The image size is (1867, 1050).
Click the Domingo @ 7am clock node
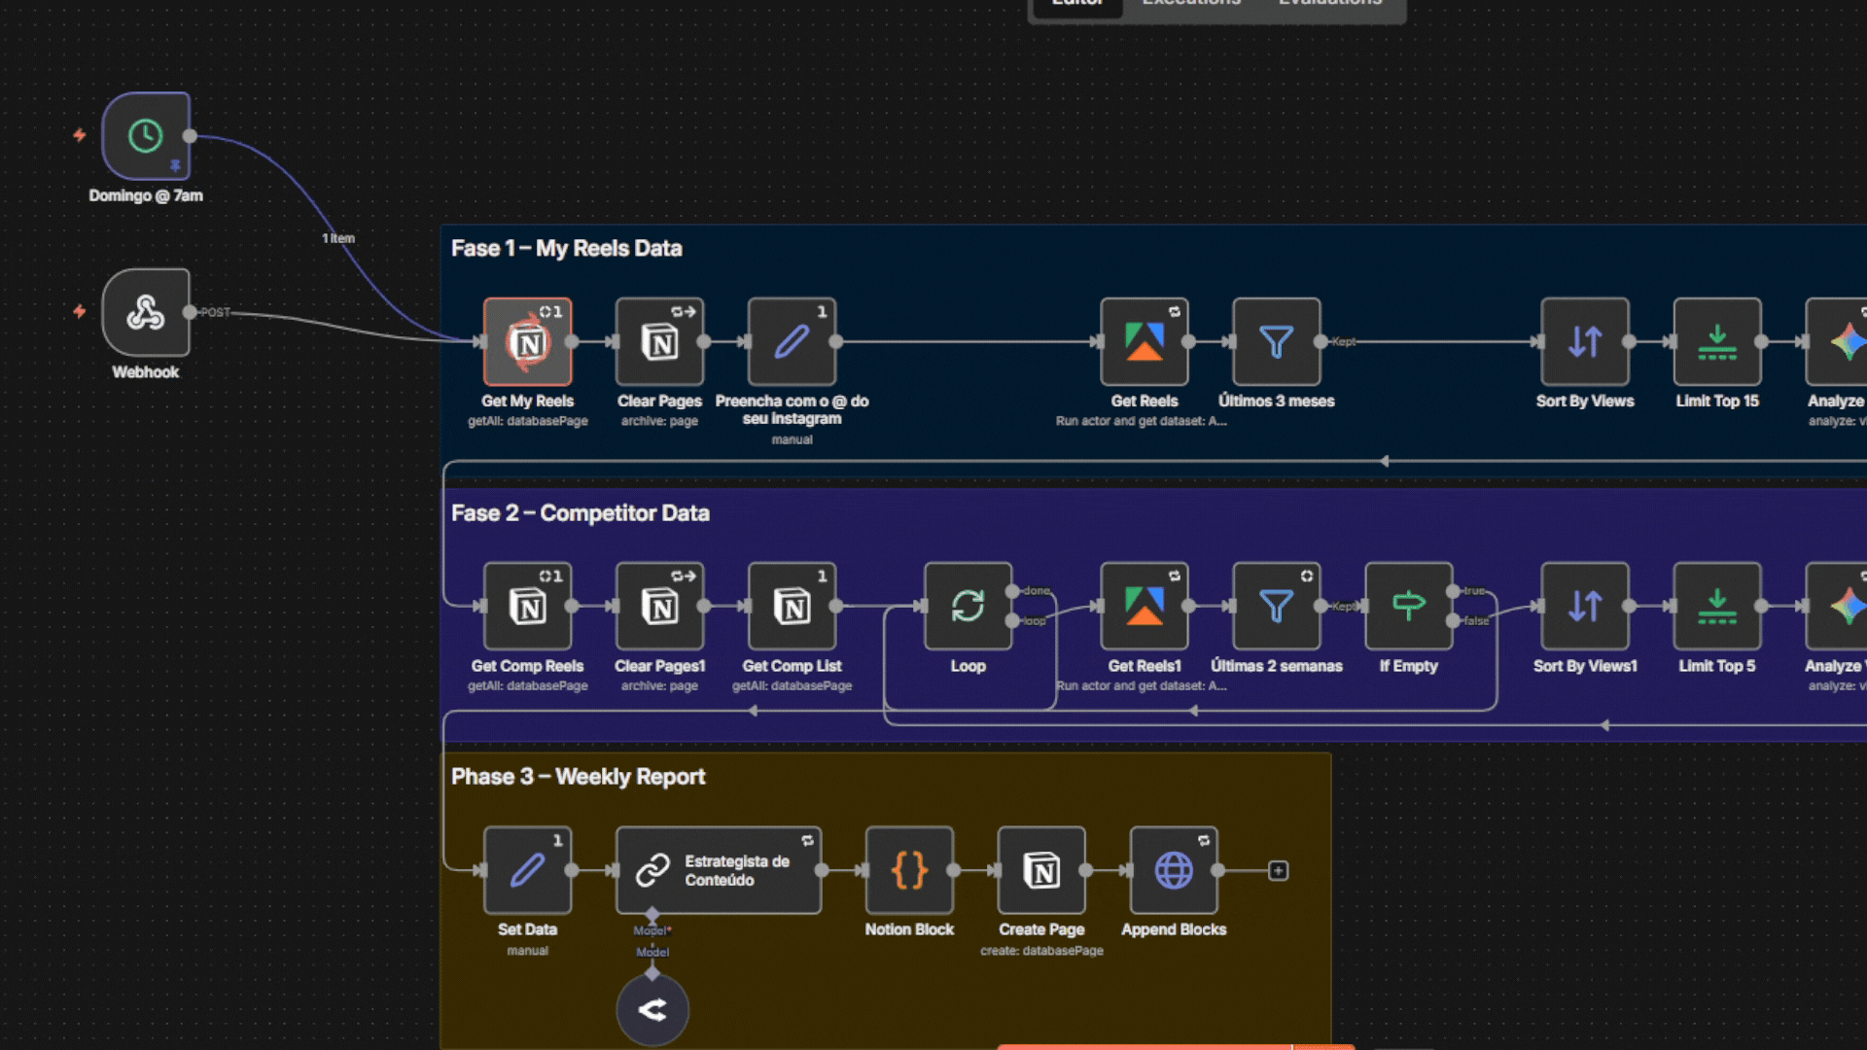coord(146,136)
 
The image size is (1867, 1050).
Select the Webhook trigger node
coord(146,312)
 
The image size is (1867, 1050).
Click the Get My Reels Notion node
coord(528,342)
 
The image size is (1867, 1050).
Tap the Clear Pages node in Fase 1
coord(659,342)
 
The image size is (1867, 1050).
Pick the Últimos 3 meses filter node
coord(1276,342)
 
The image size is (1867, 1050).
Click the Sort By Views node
coord(1585,342)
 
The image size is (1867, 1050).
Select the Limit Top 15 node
coord(1717,342)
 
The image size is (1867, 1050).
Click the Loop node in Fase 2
coord(968,607)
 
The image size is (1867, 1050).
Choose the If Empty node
coord(1408,607)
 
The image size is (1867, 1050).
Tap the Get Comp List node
coord(792,607)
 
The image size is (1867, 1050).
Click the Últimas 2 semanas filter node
coord(1276,607)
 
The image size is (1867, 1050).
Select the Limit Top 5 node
coord(1717,607)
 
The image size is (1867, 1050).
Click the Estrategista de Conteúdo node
coord(719,870)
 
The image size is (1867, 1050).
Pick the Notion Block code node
coord(909,870)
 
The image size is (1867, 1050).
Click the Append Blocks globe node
coord(1174,870)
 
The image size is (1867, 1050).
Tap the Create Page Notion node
coord(1041,870)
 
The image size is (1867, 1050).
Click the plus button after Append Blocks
coord(1279,871)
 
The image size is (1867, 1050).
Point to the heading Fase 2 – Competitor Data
coord(581,513)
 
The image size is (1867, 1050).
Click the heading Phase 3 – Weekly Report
coord(579,777)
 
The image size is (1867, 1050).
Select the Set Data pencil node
coord(528,870)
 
